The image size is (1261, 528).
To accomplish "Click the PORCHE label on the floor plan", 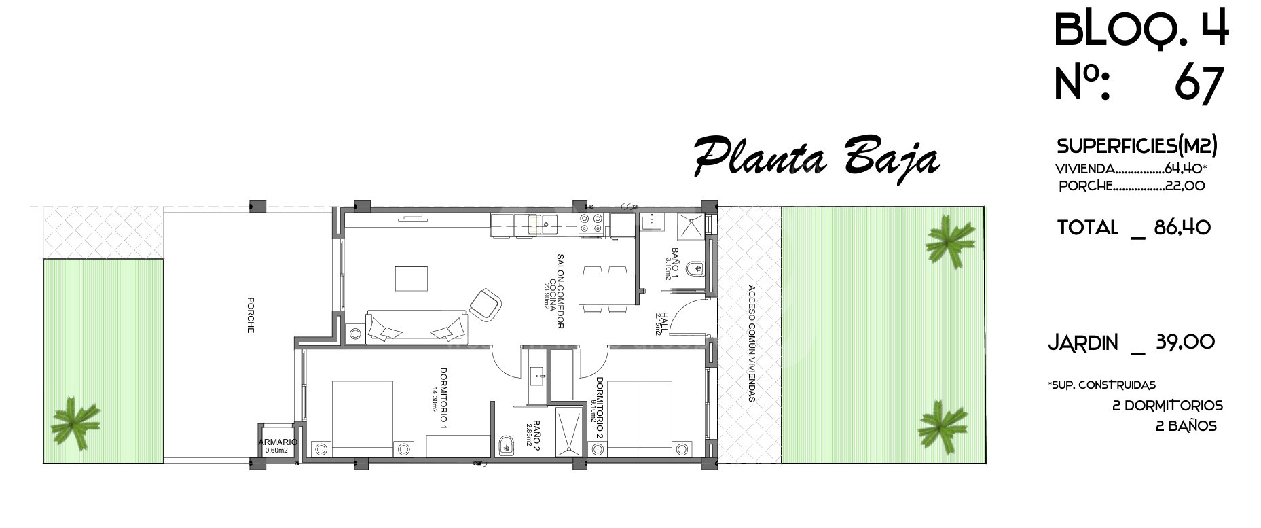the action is pyautogui.click(x=251, y=315).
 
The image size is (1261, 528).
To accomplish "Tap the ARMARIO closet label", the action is pyautogui.click(x=278, y=442).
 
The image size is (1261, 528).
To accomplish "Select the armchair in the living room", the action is pyautogui.click(x=485, y=304).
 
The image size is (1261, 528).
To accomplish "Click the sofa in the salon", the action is pyautogui.click(x=417, y=327).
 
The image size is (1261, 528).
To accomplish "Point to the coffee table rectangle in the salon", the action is pyautogui.click(x=412, y=279).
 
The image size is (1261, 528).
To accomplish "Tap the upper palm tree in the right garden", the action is pyautogui.click(x=950, y=240).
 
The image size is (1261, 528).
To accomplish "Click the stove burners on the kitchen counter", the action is pyautogui.click(x=591, y=226).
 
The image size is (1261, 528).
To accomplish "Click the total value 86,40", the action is pyautogui.click(x=1182, y=228).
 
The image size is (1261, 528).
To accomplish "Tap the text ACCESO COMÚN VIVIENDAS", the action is pyautogui.click(x=751, y=343).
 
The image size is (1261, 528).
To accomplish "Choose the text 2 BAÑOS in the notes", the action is pyautogui.click(x=1186, y=427).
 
